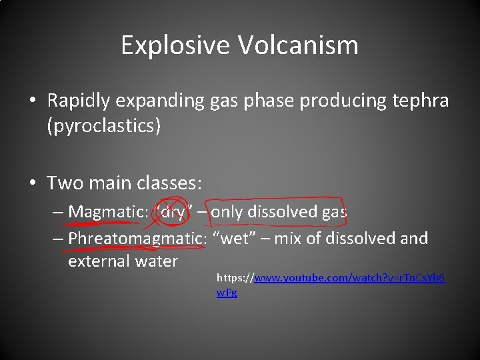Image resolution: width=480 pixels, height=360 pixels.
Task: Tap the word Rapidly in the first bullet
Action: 81,101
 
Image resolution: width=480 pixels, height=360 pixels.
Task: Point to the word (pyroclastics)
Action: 103,126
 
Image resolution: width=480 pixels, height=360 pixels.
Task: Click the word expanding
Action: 167,101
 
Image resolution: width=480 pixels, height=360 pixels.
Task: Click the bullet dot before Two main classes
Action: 33,182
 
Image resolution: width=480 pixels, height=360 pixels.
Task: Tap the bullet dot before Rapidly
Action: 33,101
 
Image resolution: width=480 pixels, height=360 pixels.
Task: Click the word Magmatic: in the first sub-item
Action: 108,212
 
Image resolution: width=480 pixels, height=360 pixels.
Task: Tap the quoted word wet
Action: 233,238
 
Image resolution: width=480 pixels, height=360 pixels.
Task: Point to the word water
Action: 155,261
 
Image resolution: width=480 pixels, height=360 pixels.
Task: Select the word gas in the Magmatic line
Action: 333,212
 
